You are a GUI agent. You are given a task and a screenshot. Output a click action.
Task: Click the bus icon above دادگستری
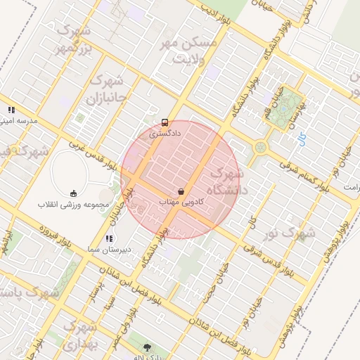pos(165,122)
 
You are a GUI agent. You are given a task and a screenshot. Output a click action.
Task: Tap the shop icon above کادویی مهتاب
pos(182,191)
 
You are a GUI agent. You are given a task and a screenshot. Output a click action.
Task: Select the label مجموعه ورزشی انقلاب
pos(74,205)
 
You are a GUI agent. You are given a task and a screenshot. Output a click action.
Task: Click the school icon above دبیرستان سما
pos(109,239)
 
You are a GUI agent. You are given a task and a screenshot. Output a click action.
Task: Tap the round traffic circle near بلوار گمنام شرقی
pos(261,148)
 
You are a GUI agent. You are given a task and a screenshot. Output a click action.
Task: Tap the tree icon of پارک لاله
pos(148,347)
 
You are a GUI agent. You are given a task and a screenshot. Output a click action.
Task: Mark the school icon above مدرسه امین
pos(11,110)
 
